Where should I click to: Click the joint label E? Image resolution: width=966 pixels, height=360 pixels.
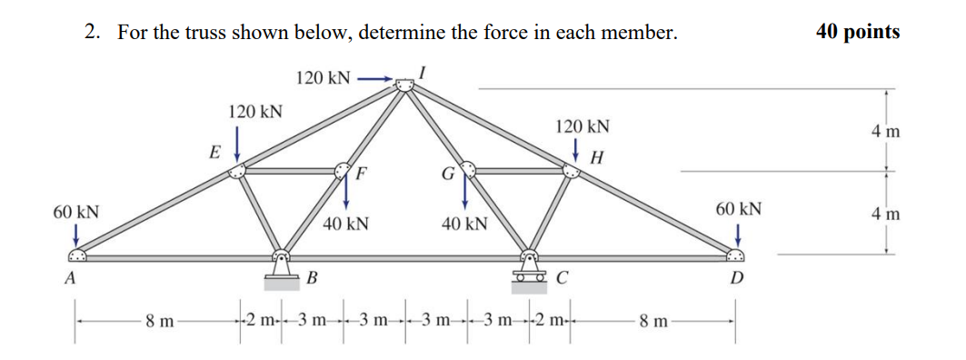(x=214, y=152)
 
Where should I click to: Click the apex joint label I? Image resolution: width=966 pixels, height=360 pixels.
(x=423, y=70)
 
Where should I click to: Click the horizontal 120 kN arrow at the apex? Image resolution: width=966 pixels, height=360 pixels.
(x=375, y=79)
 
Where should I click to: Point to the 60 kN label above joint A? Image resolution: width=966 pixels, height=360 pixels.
(x=76, y=212)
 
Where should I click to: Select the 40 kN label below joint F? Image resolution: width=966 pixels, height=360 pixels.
(x=345, y=224)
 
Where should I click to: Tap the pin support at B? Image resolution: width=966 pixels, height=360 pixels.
(x=282, y=272)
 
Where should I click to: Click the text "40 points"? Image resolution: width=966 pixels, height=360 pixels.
(x=858, y=32)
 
